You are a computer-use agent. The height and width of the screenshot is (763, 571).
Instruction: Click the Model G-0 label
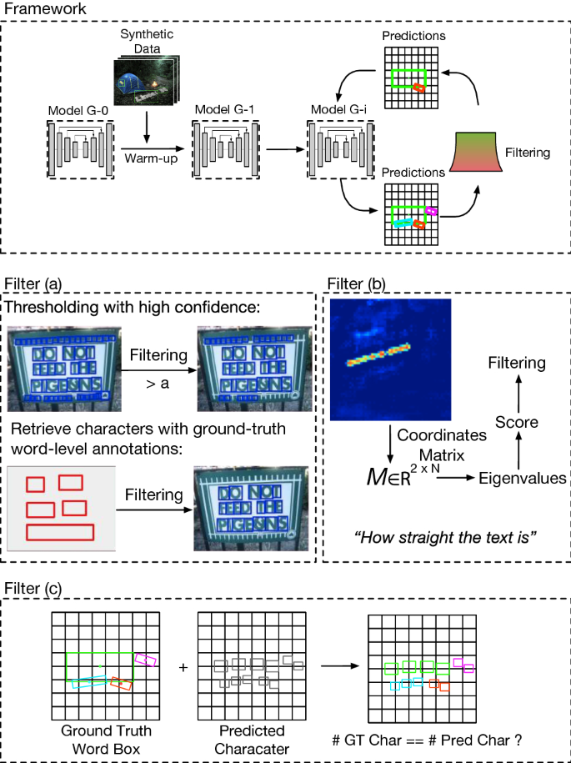[78, 110]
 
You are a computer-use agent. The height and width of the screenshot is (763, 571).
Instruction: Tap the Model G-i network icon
[338, 148]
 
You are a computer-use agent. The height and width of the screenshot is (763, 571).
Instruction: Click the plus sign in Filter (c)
[183, 668]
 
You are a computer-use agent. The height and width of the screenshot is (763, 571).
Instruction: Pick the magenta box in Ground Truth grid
[147, 659]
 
